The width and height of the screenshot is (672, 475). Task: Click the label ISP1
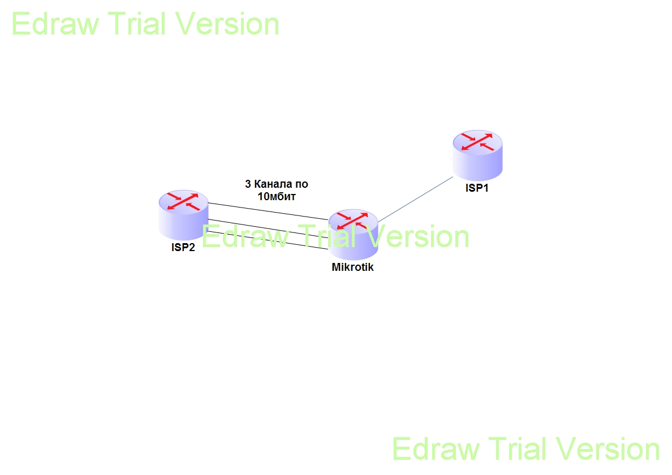[x=477, y=188]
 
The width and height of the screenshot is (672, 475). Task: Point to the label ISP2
[x=183, y=248]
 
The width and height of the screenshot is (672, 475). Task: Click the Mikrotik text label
[x=352, y=267]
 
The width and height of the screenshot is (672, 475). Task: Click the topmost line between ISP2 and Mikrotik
[x=266, y=210]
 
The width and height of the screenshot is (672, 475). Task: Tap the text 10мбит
[x=277, y=197]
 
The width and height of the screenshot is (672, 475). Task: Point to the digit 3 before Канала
[x=247, y=184]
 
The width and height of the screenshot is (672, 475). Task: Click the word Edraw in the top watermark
[x=56, y=24]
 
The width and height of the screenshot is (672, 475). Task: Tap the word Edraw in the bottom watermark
[x=436, y=449]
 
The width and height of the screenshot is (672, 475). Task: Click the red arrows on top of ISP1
[x=477, y=142]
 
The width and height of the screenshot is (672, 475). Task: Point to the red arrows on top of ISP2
[x=183, y=201]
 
